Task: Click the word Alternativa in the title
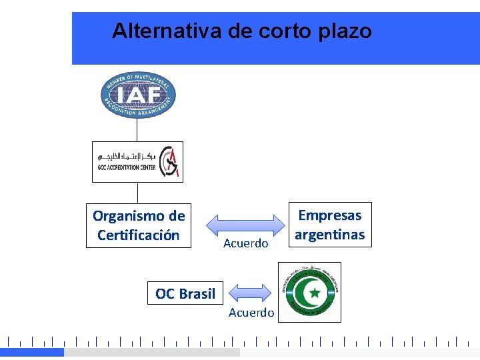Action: click(151, 31)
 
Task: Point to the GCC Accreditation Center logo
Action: click(137, 161)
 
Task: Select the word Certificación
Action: click(138, 235)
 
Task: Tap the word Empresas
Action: click(329, 215)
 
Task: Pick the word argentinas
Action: click(329, 235)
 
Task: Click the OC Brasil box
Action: click(185, 293)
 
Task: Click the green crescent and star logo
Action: click(311, 291)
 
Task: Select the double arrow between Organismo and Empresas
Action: click(245, 222)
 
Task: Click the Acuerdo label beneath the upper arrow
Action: click(245, 244)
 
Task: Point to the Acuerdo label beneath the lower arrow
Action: click(251, 313)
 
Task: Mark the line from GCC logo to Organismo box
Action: click(137, 193)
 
